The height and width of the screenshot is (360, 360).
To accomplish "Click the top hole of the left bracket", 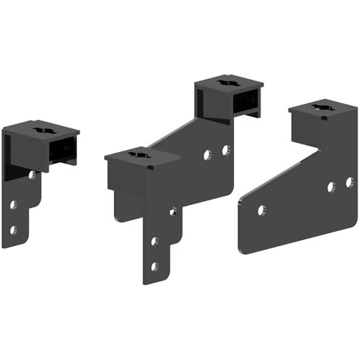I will [32, 175].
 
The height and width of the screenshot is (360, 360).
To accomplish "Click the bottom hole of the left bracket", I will [13, 229].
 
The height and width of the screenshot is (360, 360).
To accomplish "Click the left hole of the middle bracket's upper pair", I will [207, 156].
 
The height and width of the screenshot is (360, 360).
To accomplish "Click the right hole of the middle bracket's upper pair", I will [226, 150].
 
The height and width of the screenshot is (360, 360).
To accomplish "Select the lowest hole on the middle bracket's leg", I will [154, 266].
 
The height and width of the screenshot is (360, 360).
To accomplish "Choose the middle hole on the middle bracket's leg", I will [154, 242].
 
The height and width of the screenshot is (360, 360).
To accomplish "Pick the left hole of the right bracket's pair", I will [331, 187].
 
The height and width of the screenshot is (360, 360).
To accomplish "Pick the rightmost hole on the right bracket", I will [349, 182].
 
